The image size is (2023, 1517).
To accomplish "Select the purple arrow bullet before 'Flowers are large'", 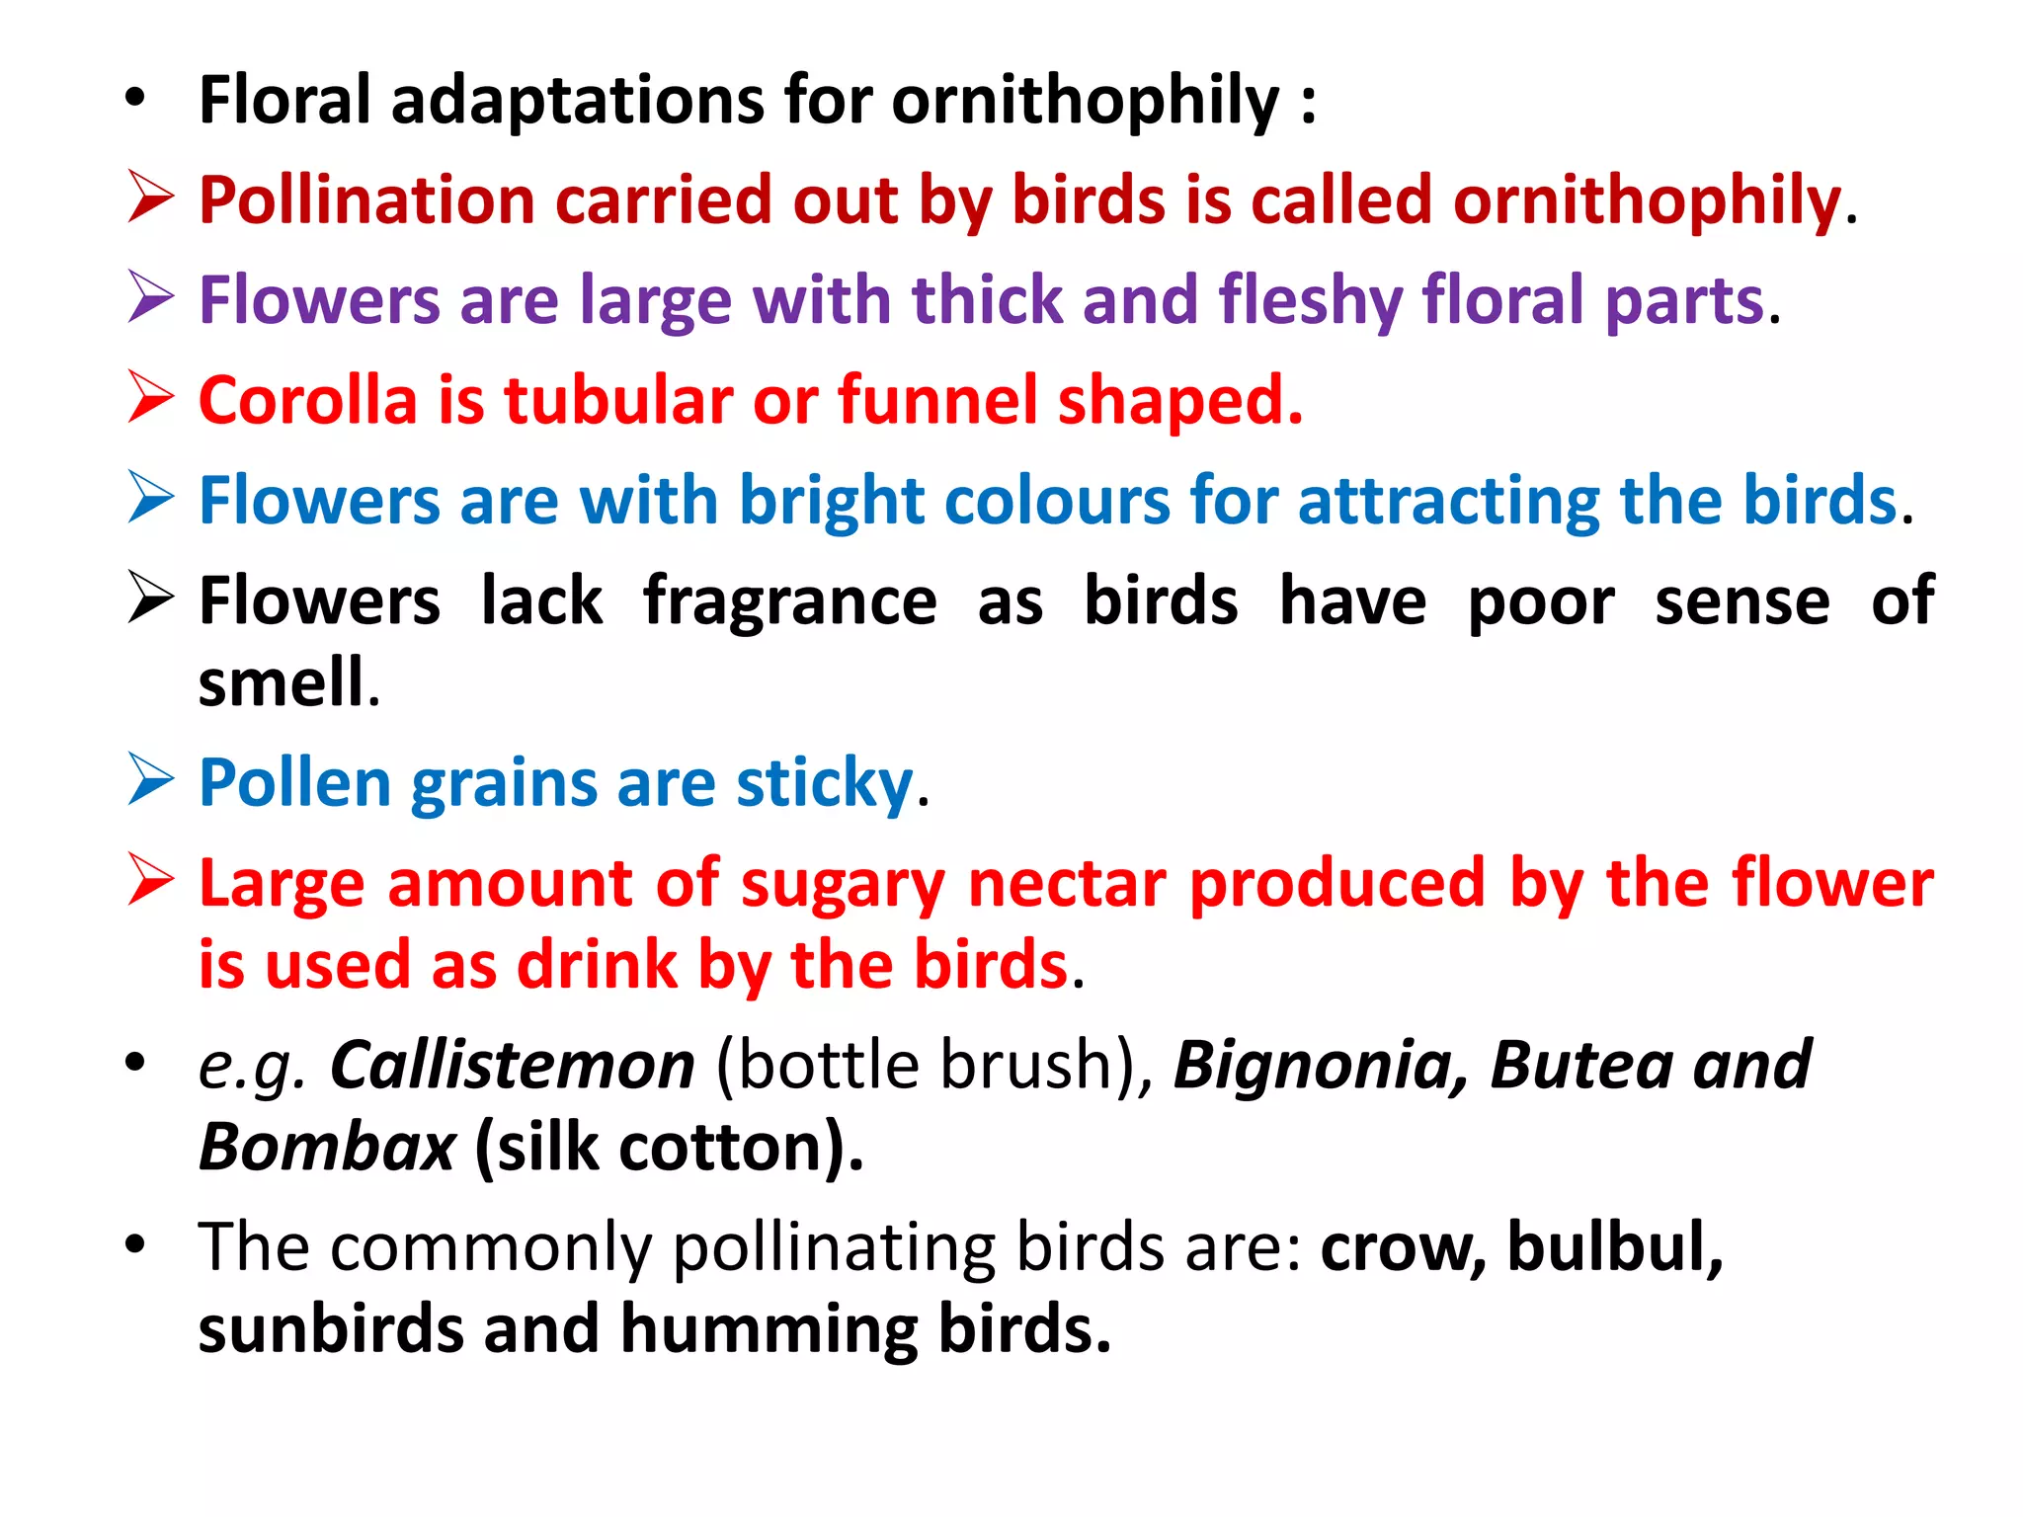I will (x=151, y=297).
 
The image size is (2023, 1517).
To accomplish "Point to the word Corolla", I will (x=308, y=401).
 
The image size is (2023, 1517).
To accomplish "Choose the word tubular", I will (x=617, y=401).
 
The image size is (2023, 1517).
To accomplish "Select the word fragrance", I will (x=789, y=601).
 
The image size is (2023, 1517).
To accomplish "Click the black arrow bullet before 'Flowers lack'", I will (x=151, y=598).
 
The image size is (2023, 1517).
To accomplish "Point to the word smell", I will (x=282, y=682).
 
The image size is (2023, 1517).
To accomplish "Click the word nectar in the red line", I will (x=1068, y=883).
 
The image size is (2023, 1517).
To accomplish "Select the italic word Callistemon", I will (x=513, y=1066).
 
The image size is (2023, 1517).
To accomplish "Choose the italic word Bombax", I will (x=327, y=1148).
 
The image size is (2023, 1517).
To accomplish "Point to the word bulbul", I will (x=1614, y=1247).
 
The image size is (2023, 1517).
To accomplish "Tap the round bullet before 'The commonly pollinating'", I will (x=135, y=1244).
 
